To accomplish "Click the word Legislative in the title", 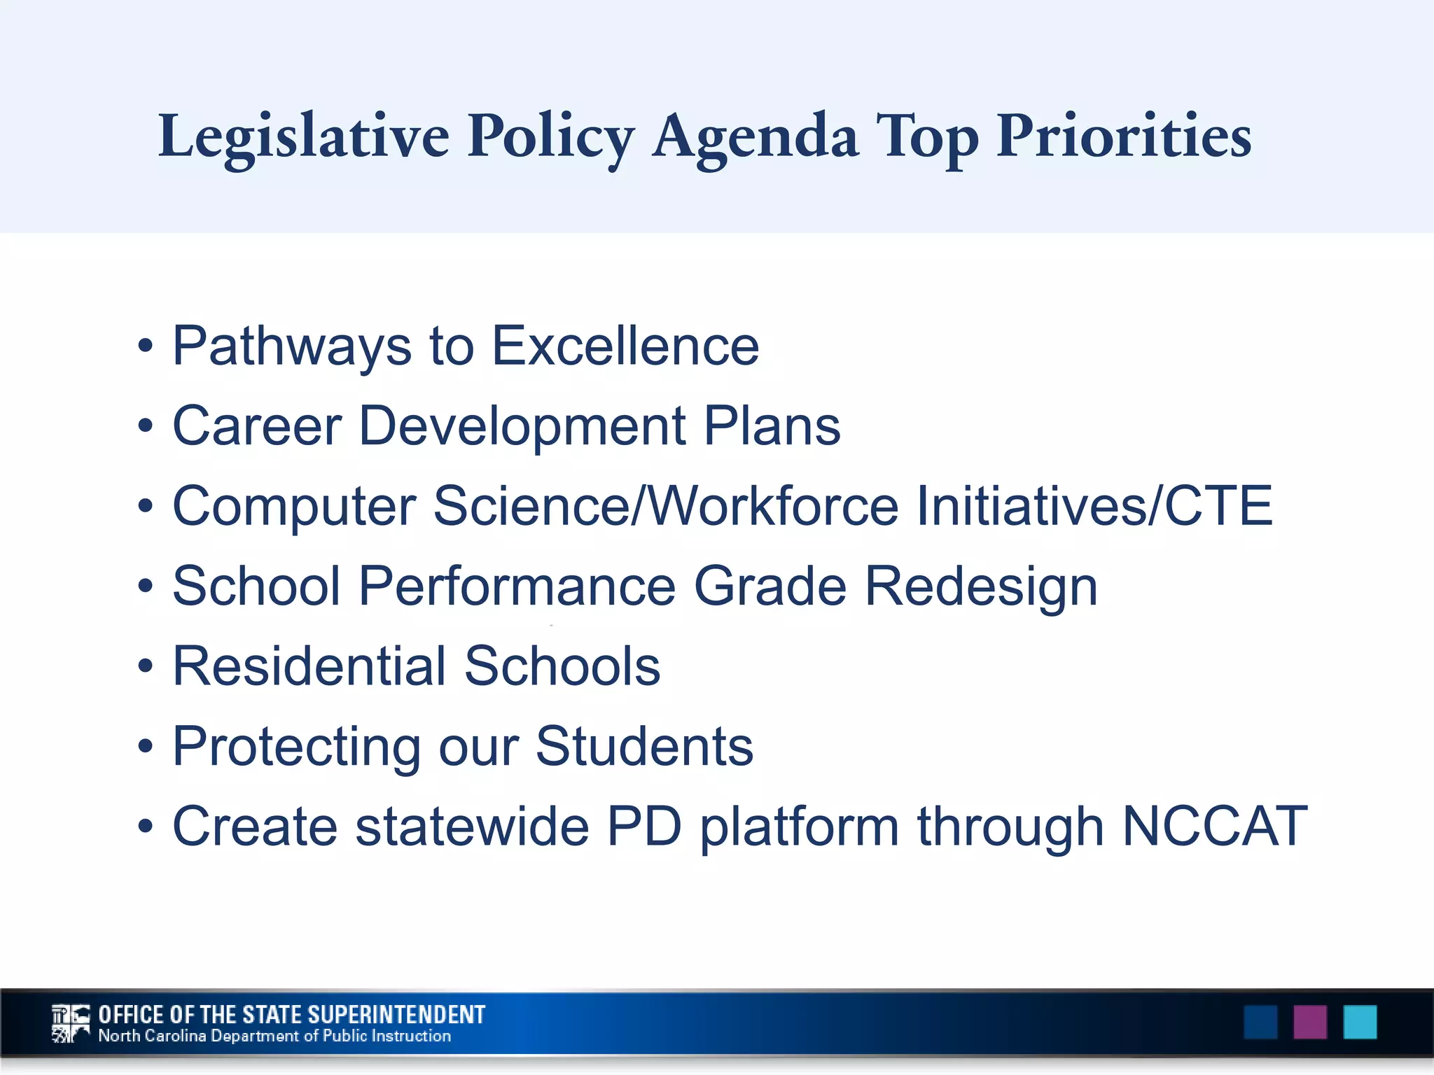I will [303, 136].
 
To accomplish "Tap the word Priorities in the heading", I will [1123, 136].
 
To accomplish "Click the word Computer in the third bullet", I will [294, 507].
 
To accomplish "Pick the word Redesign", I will [981, 586].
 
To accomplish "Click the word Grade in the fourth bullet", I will [770, 586].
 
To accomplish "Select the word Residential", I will [309, 666].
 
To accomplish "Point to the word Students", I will [644, 746].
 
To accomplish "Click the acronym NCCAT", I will [1214, 827].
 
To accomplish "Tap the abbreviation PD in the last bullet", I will [643, 827].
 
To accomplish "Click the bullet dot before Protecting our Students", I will [145, 747].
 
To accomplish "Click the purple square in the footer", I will [1309, 1023].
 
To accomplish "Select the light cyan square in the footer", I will [1360, 1023].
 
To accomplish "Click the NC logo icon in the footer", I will [71, 1023].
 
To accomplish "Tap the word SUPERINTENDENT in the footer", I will [396, 1015].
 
